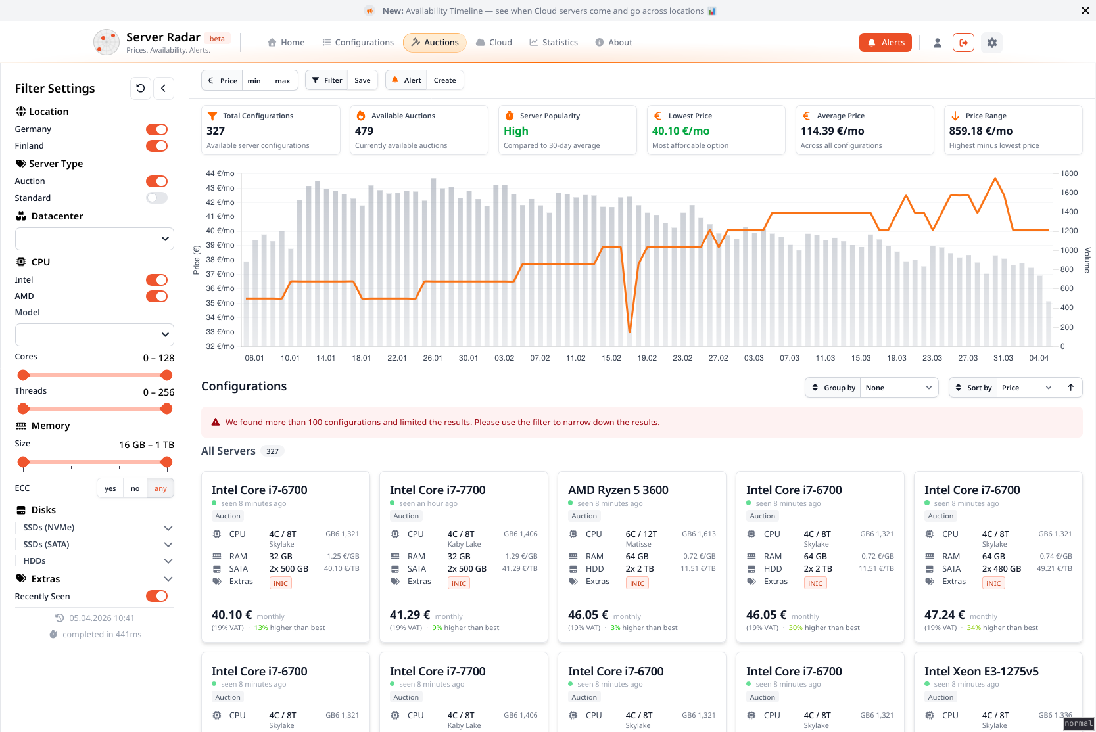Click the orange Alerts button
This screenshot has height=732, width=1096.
885,43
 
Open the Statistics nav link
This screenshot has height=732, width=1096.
554,43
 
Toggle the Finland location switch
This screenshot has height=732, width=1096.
156,146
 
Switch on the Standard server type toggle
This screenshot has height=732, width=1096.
156,198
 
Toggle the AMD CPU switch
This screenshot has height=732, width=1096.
156,296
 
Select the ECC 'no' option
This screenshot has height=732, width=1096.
135,488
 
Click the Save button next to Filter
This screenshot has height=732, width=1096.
362,80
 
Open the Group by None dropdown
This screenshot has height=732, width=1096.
898,388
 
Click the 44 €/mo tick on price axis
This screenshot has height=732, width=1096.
220,173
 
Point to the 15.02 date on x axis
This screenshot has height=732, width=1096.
611,358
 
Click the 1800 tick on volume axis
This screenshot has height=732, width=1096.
1069,173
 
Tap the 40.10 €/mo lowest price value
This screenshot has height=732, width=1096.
680,131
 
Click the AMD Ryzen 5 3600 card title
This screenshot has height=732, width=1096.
618,490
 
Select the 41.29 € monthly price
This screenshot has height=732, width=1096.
410,615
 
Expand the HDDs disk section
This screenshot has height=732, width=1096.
168,561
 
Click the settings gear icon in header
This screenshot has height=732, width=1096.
992,43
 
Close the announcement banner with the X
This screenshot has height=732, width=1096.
1085,11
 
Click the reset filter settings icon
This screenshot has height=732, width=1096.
141,88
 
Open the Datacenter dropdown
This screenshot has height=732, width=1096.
95,239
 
